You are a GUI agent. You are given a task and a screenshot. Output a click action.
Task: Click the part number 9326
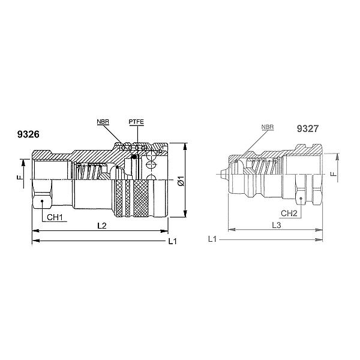28,135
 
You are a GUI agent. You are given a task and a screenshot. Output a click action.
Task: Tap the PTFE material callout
136,122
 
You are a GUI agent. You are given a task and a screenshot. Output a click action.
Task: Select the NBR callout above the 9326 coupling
103,122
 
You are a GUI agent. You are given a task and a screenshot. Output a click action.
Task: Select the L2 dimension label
103,225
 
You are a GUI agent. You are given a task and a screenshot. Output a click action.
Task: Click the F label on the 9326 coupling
19,178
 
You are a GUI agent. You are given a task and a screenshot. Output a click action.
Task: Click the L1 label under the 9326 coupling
172,242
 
